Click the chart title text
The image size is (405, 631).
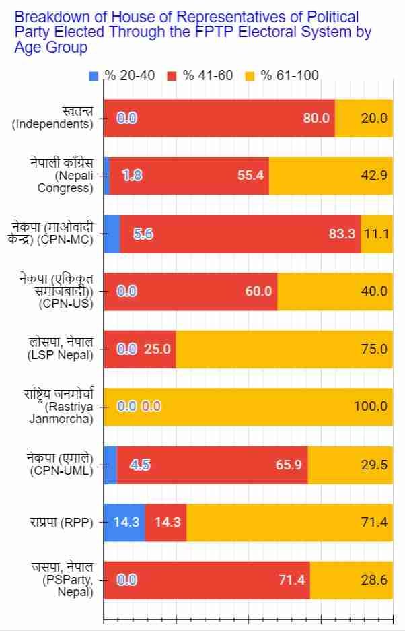click(x=192, y=32)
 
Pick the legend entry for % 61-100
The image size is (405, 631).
click(x=282, y=75)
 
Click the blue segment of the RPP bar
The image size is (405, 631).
click(x=124, y=522)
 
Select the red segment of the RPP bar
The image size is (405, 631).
click(x=165, y=522)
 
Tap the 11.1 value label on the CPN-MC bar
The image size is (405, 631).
click(x=377, y=234)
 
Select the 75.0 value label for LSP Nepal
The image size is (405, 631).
click(x=374, y=349)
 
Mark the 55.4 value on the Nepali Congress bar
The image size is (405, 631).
click(x=251, y=176)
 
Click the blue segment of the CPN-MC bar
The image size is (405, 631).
click(x=112, y=234)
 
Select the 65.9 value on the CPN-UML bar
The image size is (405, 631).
click(x=289, y=465)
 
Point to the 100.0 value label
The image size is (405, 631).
click(x=371, y=407)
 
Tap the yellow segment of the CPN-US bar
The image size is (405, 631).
click(x=335, y=292)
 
